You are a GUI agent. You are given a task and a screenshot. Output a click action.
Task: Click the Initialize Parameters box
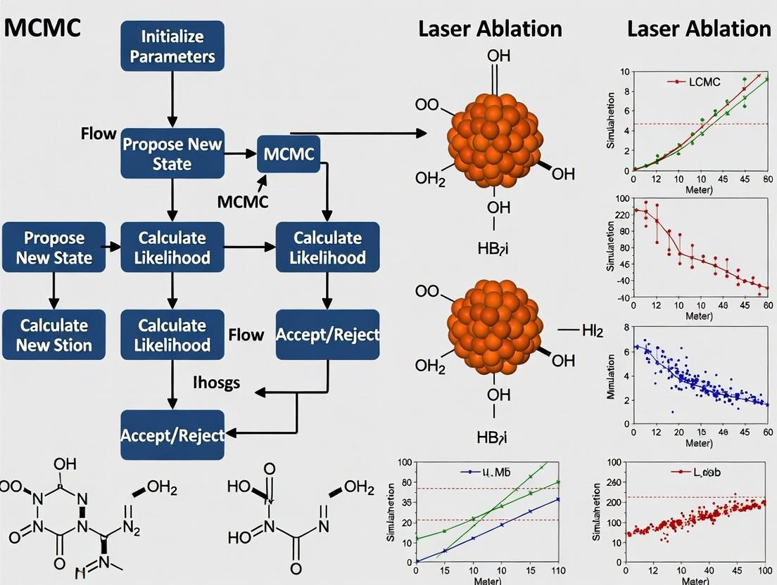pyautogui.click(x=172, y=46)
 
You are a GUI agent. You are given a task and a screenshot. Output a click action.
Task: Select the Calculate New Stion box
pyautogui.click(x=53, y=335)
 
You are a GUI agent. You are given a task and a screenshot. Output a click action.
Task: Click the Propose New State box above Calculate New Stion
pyautogui.click(x=53, y=247)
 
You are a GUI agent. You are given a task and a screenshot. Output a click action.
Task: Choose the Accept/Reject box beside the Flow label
pyautogui.click(x=327, y=335)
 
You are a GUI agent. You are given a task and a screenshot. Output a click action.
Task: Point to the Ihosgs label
pyautogui.click(x=216, y=382)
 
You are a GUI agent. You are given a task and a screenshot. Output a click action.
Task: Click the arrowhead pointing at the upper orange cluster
pyautogui.click(x=422, y=133)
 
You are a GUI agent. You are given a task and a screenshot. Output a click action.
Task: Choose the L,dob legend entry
pyautogui.click(x=685, y=472)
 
